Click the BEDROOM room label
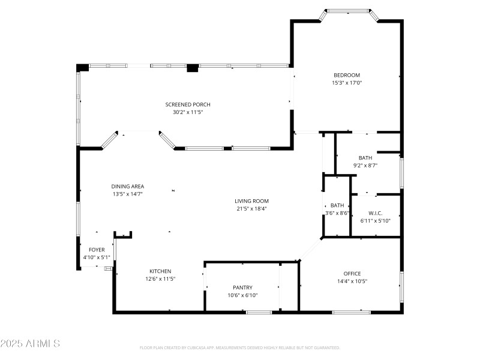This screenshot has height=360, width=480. (x=347, y=75)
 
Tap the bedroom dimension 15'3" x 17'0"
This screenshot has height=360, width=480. (x=347, y=83)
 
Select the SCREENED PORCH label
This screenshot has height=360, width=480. (x=188, y=104)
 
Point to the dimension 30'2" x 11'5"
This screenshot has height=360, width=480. (x=188, y=112)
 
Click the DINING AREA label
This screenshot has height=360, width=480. (x=127, y=186)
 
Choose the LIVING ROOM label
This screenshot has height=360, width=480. (x=251, y=201)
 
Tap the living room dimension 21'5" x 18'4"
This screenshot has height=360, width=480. (x=251, y=209)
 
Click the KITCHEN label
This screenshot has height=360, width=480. (x=160, y=271)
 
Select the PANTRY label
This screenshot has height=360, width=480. (x=242, y=287)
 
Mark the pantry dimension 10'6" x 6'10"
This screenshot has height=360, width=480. (x=242, y=295)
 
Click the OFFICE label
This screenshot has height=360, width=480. (x=352, y=274)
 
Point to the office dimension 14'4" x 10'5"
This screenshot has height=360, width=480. (x=352, y=281)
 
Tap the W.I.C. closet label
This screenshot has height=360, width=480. (x=376, y=213)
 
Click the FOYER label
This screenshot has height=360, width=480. (x=97, y=250)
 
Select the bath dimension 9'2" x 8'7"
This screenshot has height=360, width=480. (x=365, y=165)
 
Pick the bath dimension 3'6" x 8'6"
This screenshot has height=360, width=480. (x=337, y=213)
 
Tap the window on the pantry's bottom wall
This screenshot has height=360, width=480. (x=259, y=312)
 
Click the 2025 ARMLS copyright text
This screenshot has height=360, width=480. (x=30, y=344)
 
